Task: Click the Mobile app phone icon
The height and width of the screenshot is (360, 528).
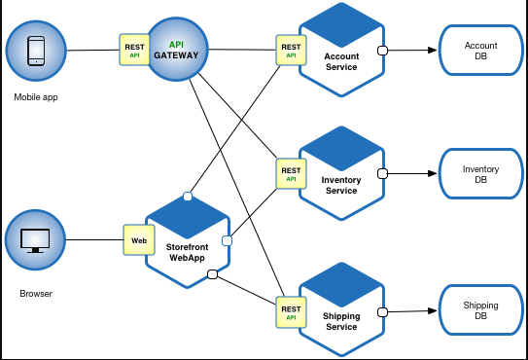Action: tap(35, 51)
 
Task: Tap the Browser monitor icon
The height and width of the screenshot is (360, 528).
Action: tap(35, 239)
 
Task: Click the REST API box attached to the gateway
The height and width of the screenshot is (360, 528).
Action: tap(134, 50)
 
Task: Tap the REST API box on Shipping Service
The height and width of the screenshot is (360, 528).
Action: tap(291, 313)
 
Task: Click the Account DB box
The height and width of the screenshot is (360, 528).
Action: tap(480, 51)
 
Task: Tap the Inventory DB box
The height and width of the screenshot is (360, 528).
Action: tap(480, 175)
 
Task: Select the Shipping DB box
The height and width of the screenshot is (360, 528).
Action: tap(480, 311)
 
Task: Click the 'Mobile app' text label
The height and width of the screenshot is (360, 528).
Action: tap(35, 97)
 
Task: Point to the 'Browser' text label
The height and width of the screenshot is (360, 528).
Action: tap(35, 293)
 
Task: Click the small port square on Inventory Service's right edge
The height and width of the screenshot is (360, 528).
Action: tap(383, 175)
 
